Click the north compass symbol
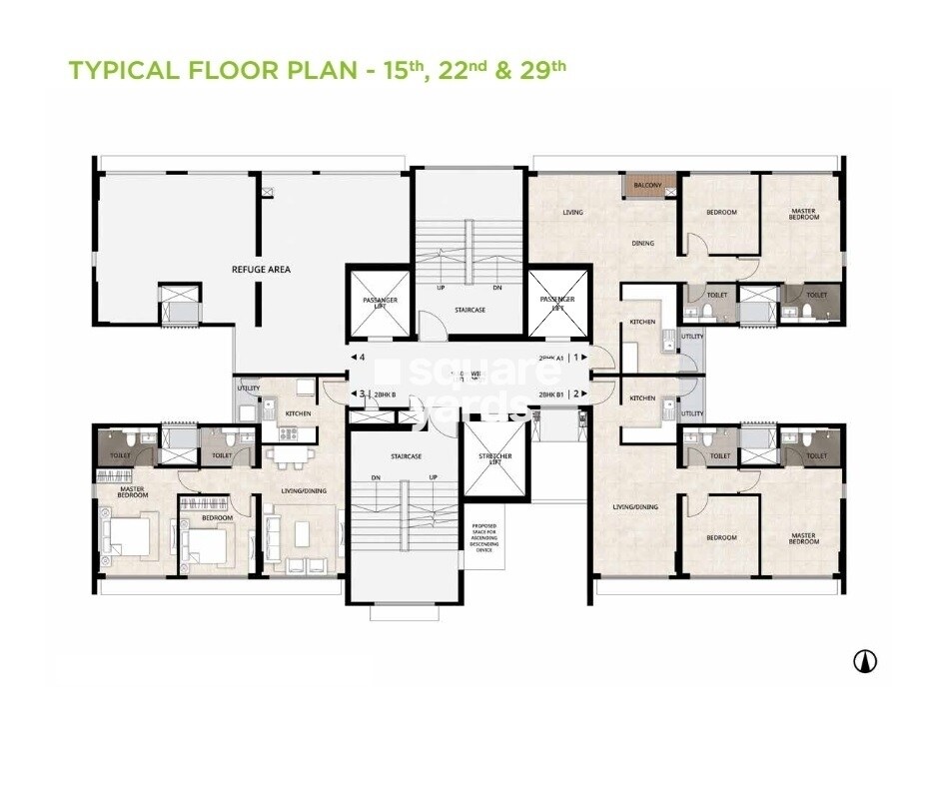click(864, 660)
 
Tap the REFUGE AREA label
click(254, 270)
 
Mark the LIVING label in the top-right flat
click(572, 213)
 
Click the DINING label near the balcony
click(642, 243)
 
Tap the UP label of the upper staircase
click(440, 288)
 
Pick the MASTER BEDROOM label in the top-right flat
click(804, 214)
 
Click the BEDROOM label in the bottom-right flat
click(721, 538)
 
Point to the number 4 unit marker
click(363, 357)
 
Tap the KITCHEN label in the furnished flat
click(298, 413)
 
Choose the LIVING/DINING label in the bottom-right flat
click(635, 507)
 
